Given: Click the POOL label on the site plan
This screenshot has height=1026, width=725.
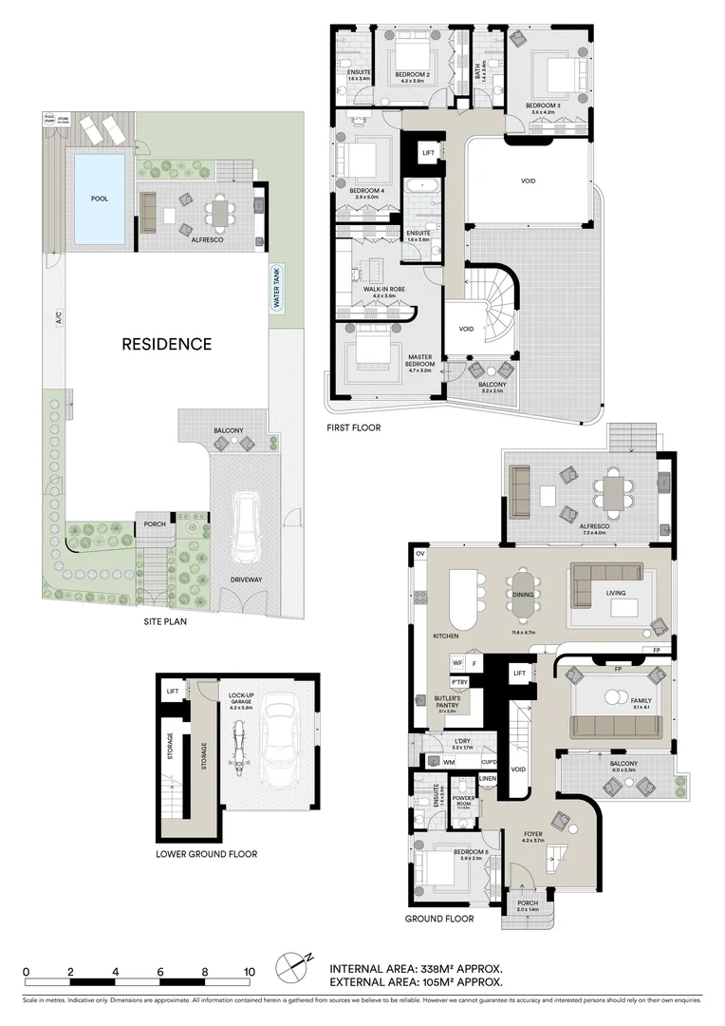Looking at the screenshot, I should [x=99, y=200].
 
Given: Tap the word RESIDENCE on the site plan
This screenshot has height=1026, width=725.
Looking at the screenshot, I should [x=166, y=344].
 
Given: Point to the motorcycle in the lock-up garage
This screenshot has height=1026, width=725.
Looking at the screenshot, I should [x=236, y=746].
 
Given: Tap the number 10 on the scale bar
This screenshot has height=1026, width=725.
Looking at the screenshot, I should [x=249, y=972].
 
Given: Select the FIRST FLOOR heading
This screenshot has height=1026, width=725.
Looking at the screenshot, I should [x=353, y=427].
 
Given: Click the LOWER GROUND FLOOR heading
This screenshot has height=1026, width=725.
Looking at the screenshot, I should [x=206, y=854].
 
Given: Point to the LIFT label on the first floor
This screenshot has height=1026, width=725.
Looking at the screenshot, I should [x=428, y=153].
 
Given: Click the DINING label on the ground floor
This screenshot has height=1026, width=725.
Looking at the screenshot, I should [x=523, y=595].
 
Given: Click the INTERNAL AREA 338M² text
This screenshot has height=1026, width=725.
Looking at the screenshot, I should [x=416, y=969].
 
